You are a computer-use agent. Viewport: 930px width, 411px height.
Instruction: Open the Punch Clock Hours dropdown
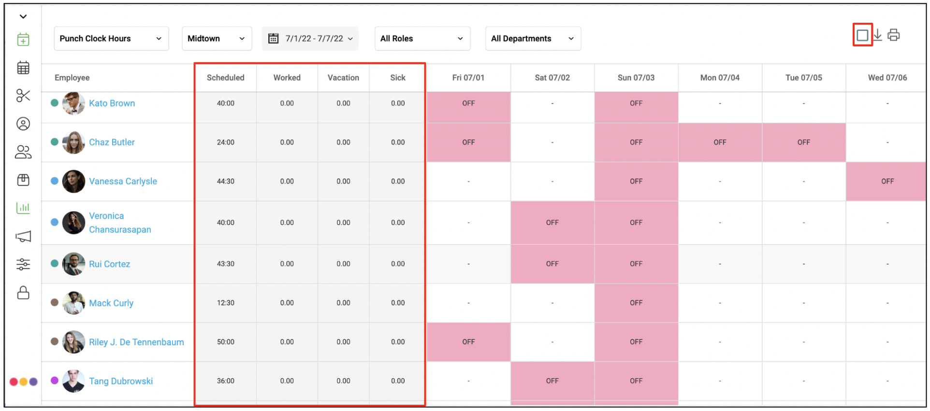(111, 39)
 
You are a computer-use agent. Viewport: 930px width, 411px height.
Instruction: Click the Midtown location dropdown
(217, 39)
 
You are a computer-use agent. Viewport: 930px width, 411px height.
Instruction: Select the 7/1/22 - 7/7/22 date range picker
(310, 39)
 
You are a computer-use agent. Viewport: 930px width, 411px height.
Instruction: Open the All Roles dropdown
(422, 39)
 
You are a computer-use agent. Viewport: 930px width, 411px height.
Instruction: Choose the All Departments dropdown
(533, 39)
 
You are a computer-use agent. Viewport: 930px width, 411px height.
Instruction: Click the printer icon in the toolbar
(894, 35)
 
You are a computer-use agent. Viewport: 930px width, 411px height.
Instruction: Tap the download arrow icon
(878, 35)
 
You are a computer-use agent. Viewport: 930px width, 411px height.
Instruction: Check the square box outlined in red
(862, 35)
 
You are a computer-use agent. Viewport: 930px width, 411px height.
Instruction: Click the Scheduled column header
(225, 78)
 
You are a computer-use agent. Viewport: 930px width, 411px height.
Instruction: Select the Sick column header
(398, 78)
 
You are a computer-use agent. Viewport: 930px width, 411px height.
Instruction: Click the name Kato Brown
(112, 103)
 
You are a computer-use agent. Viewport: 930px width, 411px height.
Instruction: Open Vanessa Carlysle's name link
(123, 181)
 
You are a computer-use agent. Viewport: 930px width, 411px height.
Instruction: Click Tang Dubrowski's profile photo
(74, 381)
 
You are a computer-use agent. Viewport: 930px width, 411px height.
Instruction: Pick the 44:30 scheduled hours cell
(226, 181)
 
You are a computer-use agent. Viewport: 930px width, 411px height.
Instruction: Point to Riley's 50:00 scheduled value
(226, 342)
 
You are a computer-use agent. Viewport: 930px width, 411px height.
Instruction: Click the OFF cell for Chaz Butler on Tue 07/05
(804, 142)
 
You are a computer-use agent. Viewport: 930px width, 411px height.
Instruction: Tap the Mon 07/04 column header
(720, 78)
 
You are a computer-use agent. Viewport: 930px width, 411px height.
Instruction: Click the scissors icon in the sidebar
(23, 96)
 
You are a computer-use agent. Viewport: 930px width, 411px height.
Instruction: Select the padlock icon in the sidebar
(23, 293)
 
